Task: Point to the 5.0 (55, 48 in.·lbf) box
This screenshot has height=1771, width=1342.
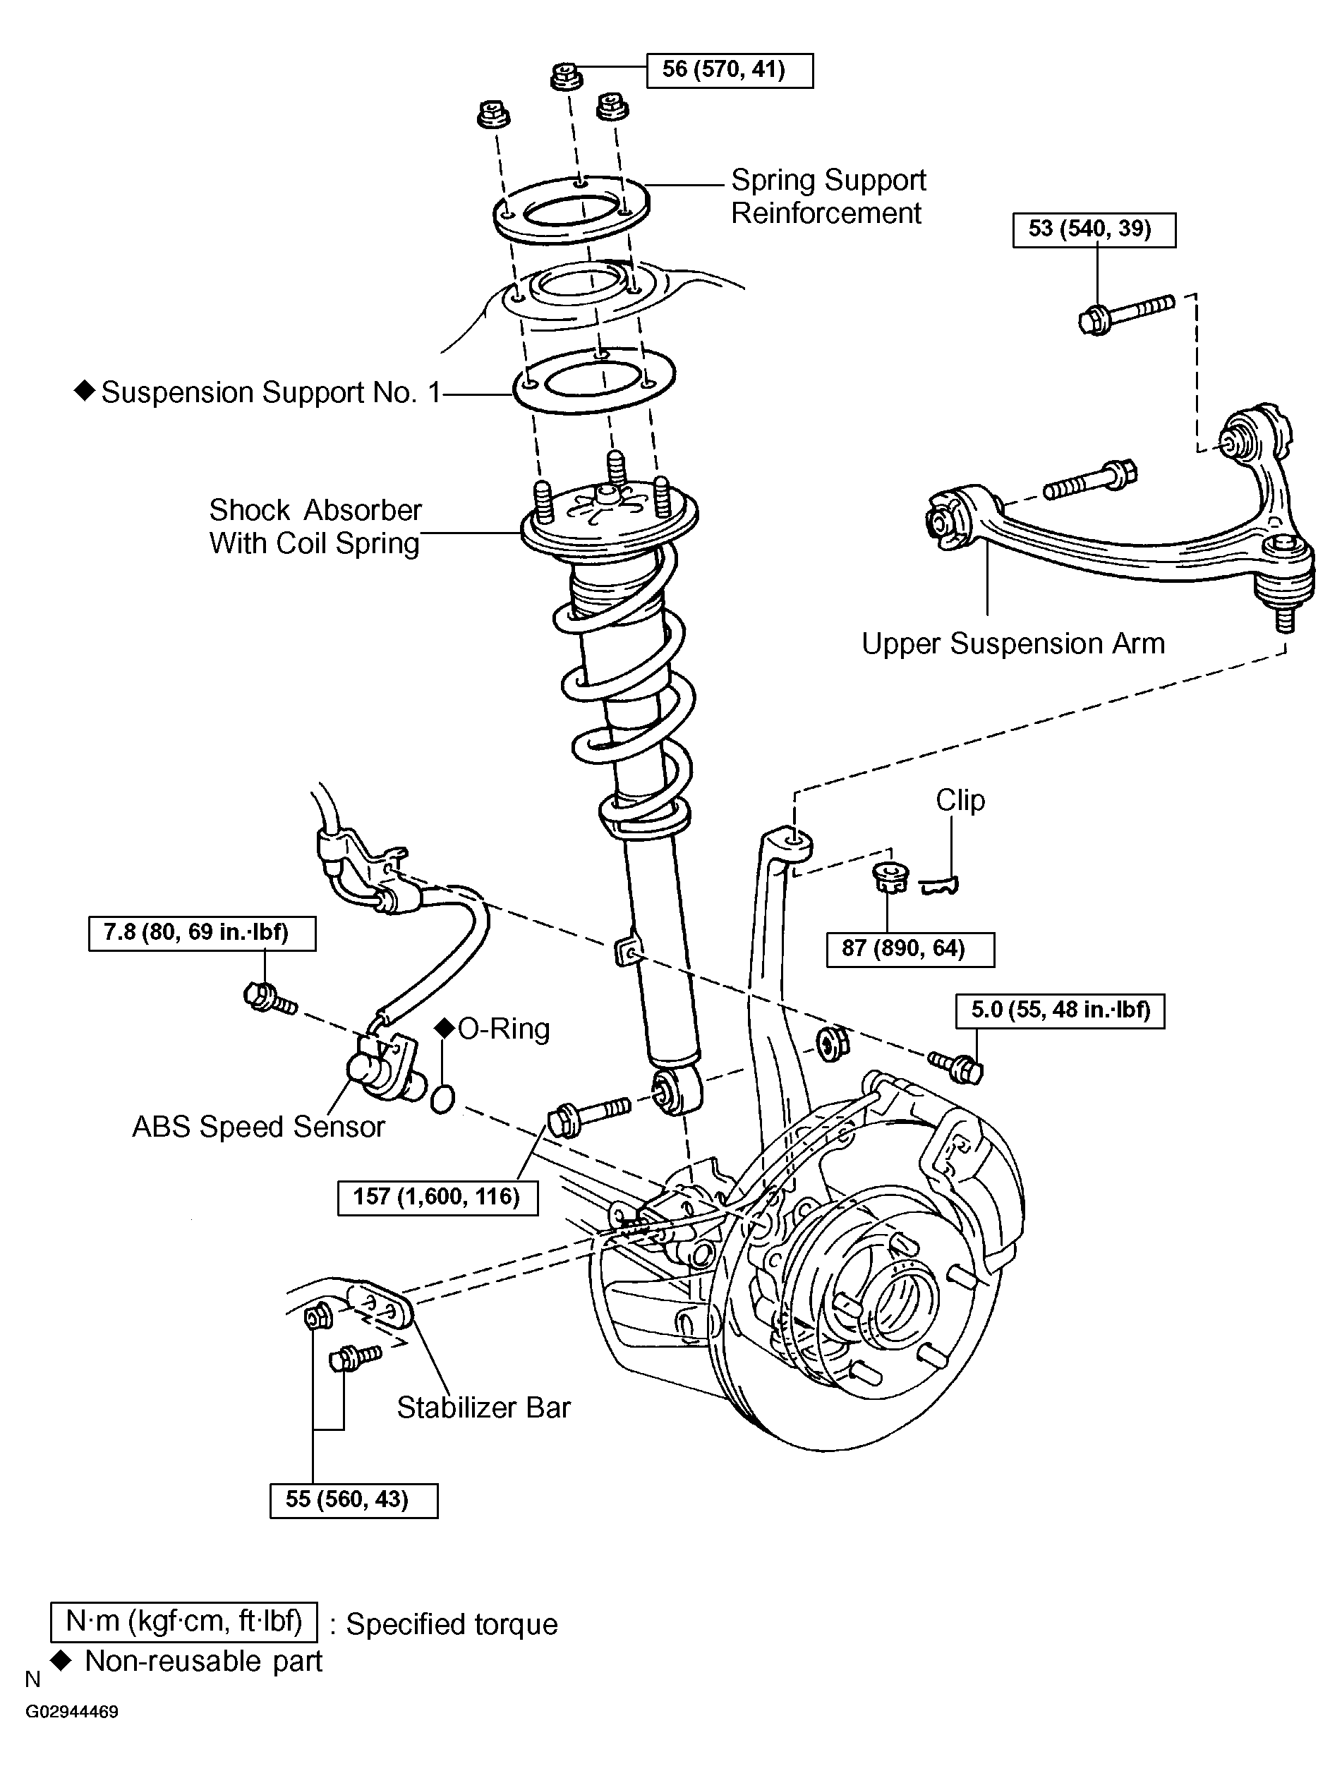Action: coord(1060,1010)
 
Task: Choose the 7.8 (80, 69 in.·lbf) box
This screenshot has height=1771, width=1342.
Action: coord(202,933)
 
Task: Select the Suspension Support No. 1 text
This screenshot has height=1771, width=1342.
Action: coord(271,392)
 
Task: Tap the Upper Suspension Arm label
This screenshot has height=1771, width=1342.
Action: coord(1013,643)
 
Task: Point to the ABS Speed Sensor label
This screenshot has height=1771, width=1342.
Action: coord(258,1127)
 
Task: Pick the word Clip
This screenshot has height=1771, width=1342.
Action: coord(960,800)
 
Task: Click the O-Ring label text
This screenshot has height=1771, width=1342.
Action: coord(504,1029)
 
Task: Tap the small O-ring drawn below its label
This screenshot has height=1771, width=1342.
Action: coord(442,1099)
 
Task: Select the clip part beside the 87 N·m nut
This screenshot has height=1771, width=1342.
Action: coord(940,885)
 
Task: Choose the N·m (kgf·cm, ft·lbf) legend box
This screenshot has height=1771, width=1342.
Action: coord(183,1621)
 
